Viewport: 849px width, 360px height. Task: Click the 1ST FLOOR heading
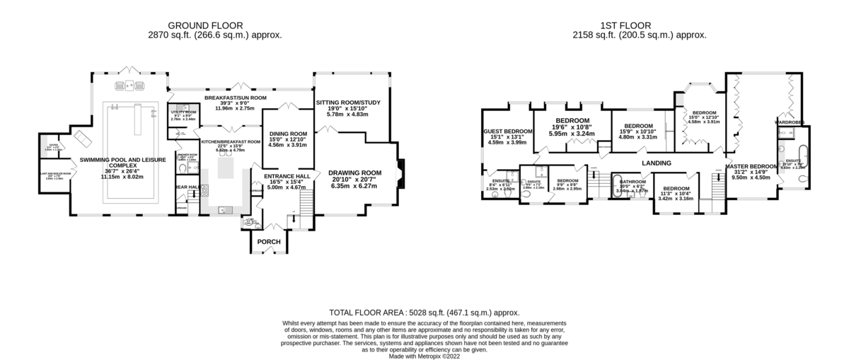640,25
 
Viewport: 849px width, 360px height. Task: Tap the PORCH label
269,243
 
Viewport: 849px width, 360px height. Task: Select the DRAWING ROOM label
354,173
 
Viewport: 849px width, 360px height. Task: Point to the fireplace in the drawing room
401,172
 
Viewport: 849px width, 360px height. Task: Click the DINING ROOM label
289,134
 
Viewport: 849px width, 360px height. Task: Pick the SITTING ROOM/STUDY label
348,103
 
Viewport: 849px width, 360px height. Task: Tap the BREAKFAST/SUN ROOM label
235,98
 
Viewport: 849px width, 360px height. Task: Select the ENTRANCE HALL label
288,176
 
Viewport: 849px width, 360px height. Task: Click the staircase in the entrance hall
305,205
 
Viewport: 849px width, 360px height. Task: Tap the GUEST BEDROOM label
507,132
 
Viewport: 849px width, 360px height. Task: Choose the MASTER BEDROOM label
751,166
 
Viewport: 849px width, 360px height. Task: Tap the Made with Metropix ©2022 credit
424,356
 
